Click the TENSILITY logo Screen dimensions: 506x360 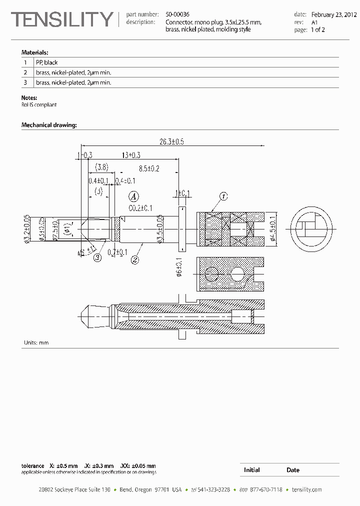(62, 19)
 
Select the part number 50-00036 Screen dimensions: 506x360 (177, 15)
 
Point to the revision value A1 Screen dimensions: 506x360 (314, 22)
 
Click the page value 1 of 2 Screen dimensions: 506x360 (318, 30)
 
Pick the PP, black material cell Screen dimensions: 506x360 (47, 62)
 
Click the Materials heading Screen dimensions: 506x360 (34, 52)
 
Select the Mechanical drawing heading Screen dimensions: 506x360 (49, 125)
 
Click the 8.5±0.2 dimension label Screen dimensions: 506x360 (149, 169)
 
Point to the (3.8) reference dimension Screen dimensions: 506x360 (102, 166)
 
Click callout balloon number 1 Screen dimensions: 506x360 (223, 196)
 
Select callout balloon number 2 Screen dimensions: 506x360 (134, 259)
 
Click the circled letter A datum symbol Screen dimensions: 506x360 (133, 196)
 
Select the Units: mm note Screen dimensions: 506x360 (36, 342)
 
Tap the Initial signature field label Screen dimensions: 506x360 (251, 470)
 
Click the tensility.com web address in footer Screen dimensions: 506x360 (306, 490)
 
